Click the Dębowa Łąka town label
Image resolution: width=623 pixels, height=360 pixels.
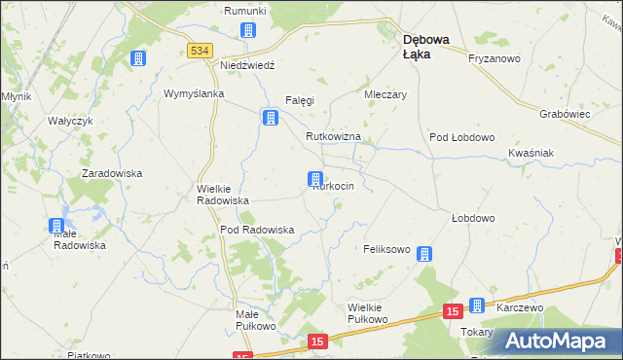[425, 47]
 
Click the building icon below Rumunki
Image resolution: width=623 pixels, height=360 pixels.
[249, 30]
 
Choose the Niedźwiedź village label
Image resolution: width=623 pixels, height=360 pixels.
[248, 64]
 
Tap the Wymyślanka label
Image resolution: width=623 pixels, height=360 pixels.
[194, 93]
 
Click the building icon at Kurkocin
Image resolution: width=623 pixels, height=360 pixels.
[315, 179]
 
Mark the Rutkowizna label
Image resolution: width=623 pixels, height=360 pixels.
[333, 137]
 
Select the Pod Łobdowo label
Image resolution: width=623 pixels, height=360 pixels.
[462, 137]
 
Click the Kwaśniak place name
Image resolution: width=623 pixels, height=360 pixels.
[531, 154]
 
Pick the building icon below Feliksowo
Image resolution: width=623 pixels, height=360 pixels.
[424, 255]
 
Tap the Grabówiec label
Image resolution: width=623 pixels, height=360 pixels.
[566, 113]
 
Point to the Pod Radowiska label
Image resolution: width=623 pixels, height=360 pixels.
[257, 230]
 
